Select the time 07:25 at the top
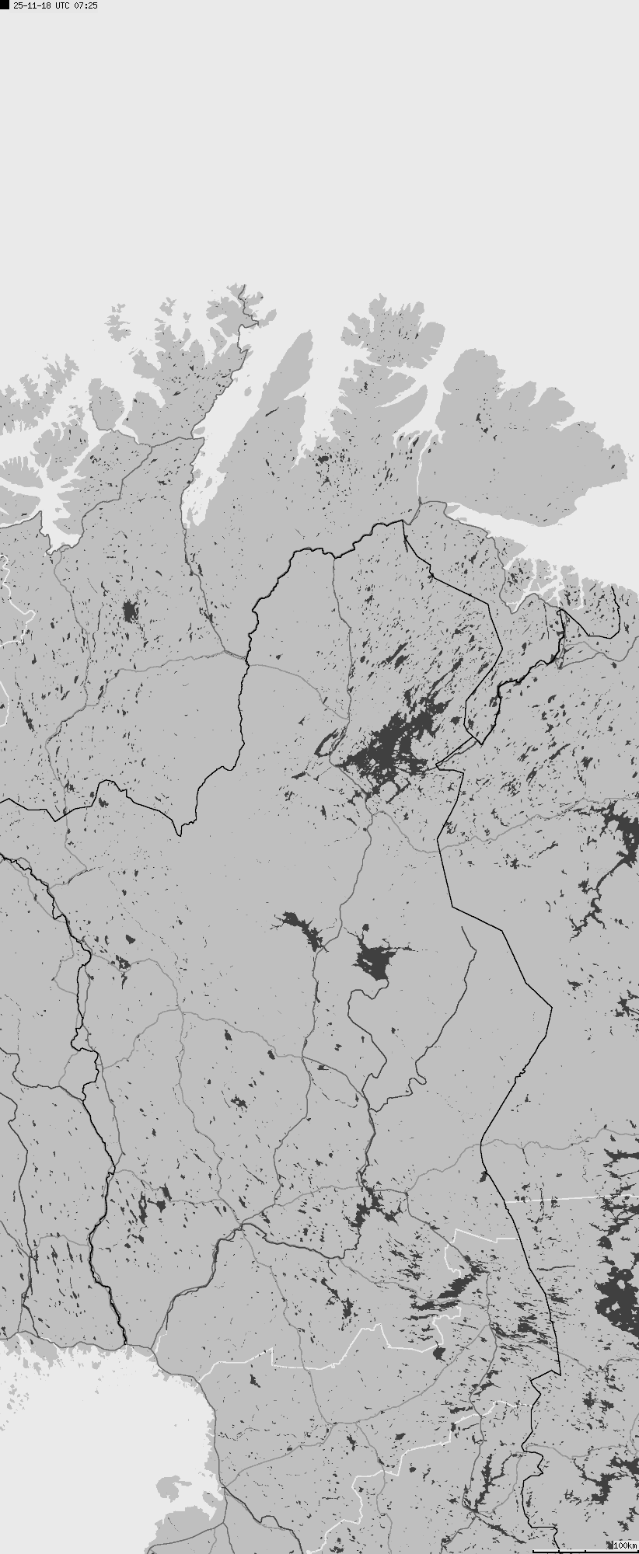(x=87, y=5)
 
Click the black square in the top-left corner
(x=5, y=5)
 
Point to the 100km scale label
(x=624, y=1545)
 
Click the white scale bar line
(x=583, y=1551)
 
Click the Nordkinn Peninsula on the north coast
(x=396, y=334)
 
